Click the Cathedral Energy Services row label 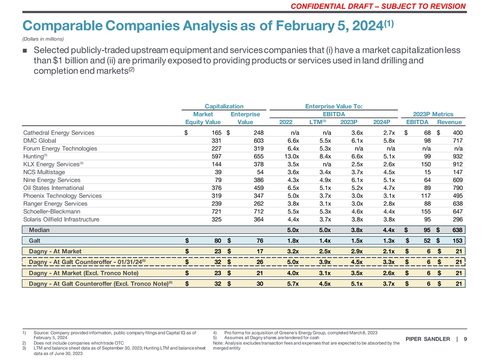[58, 133]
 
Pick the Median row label [39, 230]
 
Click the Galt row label [34, 240]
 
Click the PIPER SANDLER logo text [427, 339]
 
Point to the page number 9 [465, 339]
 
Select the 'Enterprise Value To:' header [333, 106]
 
